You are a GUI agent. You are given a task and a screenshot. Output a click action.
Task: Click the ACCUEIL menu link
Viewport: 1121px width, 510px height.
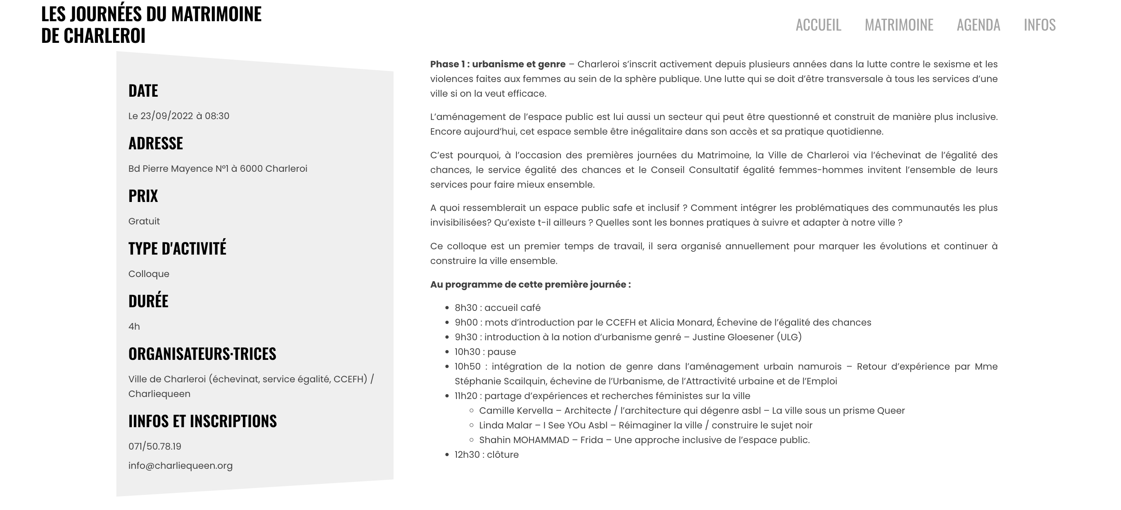(818, 25)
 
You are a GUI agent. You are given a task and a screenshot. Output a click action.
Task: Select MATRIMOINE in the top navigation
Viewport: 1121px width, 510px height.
(899, 25)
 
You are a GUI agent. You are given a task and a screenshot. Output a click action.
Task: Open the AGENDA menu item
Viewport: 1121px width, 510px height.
(978, 25)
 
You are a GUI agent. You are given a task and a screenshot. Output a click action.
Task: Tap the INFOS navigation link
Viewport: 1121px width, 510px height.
(1040, 25)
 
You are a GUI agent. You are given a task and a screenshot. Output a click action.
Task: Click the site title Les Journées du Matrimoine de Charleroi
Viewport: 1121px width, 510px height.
(151, 24)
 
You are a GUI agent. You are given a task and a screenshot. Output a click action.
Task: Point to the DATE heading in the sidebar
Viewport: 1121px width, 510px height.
(143, 91)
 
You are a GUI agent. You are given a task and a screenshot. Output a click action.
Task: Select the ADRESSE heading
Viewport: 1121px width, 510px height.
(156, 143)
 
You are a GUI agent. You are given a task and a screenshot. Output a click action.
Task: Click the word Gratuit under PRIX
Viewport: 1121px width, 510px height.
(144, 221)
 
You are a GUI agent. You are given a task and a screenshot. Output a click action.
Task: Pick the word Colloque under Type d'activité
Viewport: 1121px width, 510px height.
(149, 274)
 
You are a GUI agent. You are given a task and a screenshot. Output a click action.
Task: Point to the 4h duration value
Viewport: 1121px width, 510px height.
(134, 326)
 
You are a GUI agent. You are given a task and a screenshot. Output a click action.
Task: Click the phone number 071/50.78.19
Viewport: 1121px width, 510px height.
(155, 446)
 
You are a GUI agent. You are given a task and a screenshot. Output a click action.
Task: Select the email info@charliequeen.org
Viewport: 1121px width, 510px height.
(180, 466)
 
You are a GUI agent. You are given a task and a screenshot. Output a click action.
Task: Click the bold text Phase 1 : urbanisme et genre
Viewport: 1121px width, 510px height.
(497, 64)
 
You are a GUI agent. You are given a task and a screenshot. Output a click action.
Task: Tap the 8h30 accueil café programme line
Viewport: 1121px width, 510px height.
(497, 308)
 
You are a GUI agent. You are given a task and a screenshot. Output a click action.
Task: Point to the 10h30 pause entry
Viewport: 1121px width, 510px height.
(485, 352)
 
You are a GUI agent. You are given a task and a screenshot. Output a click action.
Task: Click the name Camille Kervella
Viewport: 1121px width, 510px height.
(516, 410)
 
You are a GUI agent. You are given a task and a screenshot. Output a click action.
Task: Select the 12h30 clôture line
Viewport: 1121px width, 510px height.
(487, 455)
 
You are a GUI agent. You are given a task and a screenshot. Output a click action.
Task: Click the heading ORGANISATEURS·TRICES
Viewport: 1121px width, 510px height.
(202, 354)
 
